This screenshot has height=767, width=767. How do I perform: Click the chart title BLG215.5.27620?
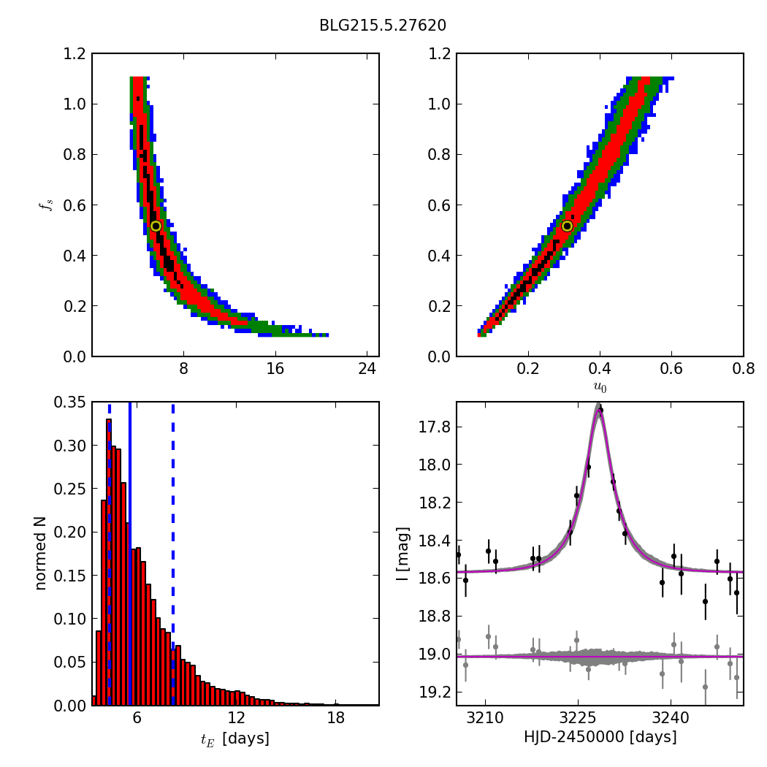point(383,26)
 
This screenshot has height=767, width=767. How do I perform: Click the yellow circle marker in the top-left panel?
point(156,226)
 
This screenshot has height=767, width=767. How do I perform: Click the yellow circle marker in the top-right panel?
point(567,226)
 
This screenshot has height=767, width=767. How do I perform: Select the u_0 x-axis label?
point(600,387)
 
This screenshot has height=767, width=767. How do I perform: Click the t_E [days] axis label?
point(235,739)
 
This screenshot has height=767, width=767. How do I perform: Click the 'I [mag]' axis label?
point(402,553)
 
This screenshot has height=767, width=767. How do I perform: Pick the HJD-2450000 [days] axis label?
point(600,737)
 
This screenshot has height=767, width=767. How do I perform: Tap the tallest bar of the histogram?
point(109,562)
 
